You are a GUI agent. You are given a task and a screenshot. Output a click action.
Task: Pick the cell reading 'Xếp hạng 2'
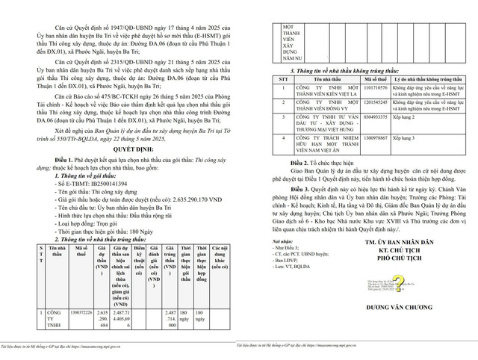tap(403, 117)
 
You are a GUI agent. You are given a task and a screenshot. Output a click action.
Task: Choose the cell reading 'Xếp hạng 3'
tap(403, 139)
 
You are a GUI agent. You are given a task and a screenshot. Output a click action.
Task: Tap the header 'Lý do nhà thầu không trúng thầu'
tap(429, 78)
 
